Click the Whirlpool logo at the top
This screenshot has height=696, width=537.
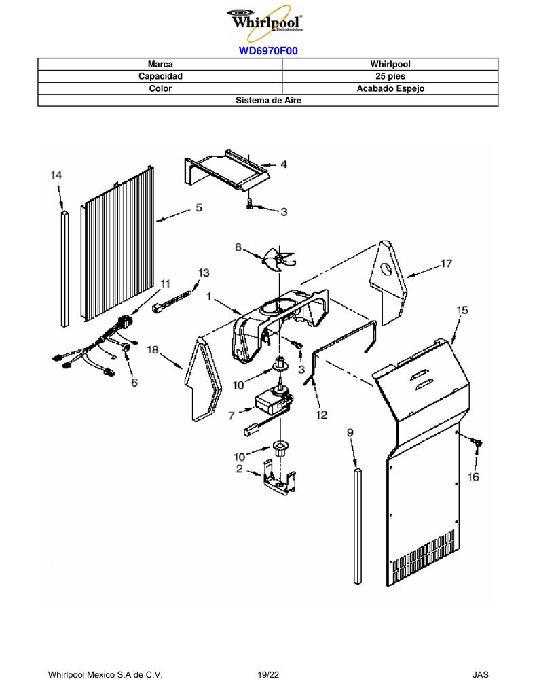click(265, 22)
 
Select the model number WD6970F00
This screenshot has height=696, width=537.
click(268, 50)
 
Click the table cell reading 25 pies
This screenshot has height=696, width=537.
click(390, 76)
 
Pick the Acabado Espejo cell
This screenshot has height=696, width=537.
click(390, 88)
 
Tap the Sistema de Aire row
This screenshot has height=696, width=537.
click(268, 101)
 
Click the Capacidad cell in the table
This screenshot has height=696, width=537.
click(160, 76)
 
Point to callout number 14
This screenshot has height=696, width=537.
click(56, 175)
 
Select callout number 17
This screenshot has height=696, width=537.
click(446, 264)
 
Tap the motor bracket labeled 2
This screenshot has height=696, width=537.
click(279, 477)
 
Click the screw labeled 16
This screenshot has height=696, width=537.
click(477, 443)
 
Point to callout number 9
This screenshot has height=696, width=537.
click(350, 432)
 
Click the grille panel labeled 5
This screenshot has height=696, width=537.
click(118, 243)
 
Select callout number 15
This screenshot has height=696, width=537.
click(462, 310)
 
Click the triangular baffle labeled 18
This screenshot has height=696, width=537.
click(203, 379)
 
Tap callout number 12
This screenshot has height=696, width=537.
click(322, 415)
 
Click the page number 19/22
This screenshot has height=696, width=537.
click(268, 675)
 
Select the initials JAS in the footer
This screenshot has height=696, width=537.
click(480, 675)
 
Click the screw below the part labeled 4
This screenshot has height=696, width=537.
click(248, 204)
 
